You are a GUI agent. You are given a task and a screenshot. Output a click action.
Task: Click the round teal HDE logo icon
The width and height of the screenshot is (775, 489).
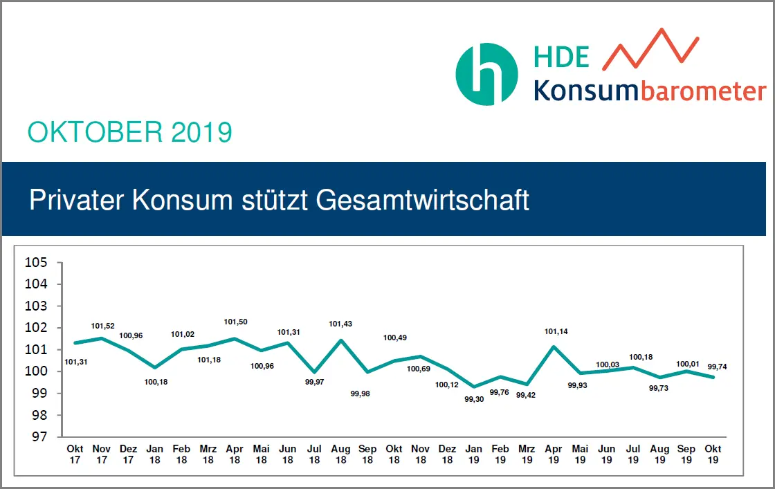tap(486, 74)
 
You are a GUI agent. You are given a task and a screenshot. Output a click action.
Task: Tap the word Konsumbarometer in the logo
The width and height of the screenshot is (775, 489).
tap(649, 91)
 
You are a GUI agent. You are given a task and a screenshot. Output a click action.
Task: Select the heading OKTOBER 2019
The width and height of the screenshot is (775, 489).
tap(129, 131)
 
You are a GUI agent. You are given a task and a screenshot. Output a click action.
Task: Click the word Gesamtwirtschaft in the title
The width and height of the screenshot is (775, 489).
tap(422, 200)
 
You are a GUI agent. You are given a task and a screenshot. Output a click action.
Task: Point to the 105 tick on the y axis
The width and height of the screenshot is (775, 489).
tap(35, 262)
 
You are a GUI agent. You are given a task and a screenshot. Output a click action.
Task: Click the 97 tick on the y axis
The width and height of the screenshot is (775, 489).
tap(35, 436)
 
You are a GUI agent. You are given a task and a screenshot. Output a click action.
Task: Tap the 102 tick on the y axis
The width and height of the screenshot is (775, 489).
tap(35, 328)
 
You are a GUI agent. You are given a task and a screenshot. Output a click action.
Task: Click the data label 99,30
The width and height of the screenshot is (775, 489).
tap(474, 398)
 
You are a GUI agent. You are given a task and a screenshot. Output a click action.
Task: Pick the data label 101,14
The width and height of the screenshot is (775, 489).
tap(554, 331)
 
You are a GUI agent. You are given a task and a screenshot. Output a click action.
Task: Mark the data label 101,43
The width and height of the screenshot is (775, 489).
tap(341, 324)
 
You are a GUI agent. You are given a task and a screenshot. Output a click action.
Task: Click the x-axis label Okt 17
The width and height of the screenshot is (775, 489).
tap(75, 454)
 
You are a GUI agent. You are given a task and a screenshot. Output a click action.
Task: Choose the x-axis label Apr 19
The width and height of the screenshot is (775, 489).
tap(554, 454)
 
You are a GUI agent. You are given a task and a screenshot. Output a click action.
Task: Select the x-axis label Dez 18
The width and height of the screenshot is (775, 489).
tap(448, 454)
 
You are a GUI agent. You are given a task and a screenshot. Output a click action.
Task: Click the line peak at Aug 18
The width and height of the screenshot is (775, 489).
tap(341, 340)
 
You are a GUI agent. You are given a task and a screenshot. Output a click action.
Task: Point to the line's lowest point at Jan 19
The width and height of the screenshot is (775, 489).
tap(474, 387)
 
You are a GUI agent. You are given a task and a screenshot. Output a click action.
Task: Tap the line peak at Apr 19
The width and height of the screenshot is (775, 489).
tap(554, 346)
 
